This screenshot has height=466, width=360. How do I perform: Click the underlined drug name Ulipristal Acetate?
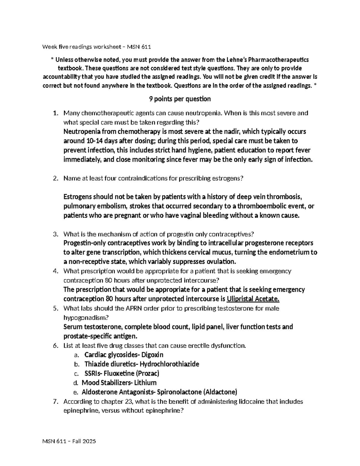253,299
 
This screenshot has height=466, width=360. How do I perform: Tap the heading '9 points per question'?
180,99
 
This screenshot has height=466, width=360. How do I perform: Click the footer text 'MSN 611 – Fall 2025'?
69,441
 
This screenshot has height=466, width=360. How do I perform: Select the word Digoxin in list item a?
152,355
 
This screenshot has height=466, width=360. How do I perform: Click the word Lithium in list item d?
145,383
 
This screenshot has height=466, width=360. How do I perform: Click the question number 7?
55,401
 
